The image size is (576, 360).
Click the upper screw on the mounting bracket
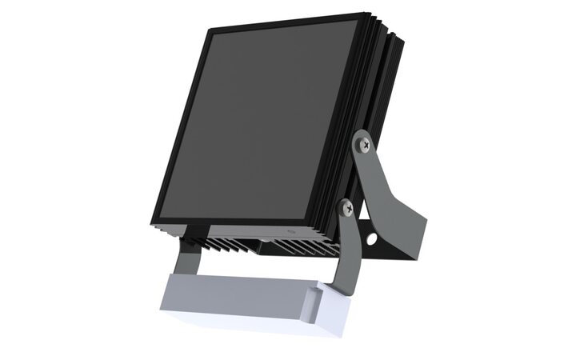[366, 144]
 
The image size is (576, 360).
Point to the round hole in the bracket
[373, 239]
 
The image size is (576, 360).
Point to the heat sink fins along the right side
[383, 120]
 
